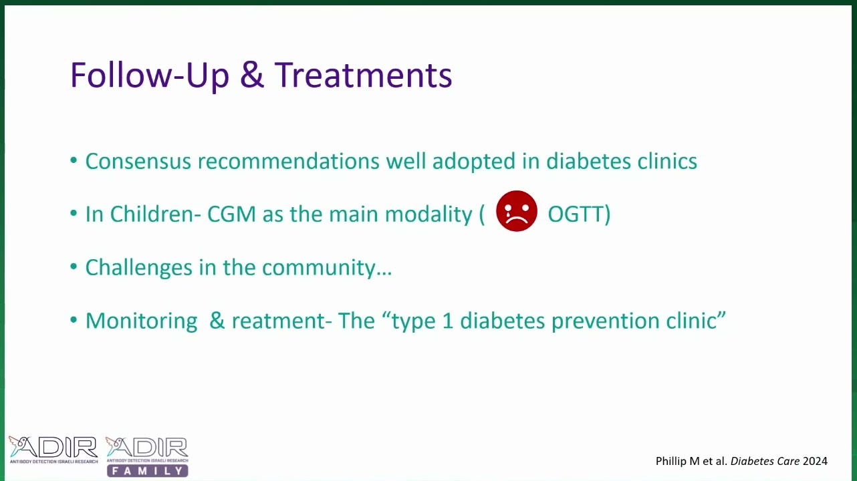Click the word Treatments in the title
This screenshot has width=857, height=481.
click(364, 75)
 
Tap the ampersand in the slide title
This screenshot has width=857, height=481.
click(252, 75)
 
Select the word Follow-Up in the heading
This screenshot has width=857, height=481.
click(150, 77)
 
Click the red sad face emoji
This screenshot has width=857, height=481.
click(517, 211)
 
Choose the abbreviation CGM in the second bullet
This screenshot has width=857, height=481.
click(231, 214)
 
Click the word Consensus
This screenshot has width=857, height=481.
click(138, 162)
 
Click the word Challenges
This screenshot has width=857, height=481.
click(138, 267)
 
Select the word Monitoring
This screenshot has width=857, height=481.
click(142, 321)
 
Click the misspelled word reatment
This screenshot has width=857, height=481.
click(279, 321)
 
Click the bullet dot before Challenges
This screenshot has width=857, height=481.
click(74, 267)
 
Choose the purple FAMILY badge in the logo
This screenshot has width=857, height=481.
click(148, 471)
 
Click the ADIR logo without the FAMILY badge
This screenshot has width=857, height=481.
click(53, 450)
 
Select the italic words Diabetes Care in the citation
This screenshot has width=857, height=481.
click(765, 461)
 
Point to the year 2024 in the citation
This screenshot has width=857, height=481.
click(815, 461)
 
